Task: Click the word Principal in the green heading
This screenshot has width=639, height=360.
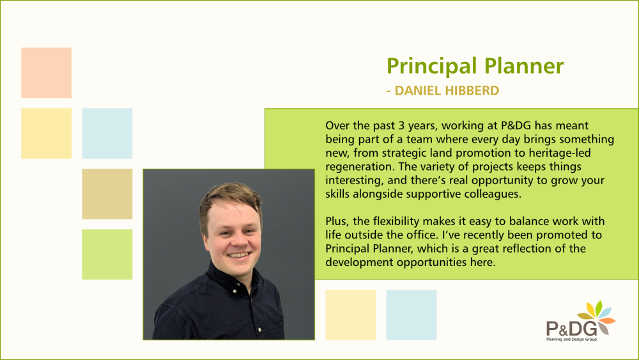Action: (431, 66)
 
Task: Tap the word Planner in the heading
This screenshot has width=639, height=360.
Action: (524, 66)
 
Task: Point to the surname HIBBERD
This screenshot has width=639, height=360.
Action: (472, 91)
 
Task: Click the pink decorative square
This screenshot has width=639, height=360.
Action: (47, 73)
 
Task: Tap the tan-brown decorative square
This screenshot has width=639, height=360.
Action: (107, 194)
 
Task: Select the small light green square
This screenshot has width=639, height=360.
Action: (107, 254)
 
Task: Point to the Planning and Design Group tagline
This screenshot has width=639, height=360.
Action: (571, 339)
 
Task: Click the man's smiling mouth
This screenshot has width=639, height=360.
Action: (239, 256)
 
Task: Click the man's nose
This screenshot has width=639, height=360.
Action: (240, 240)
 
